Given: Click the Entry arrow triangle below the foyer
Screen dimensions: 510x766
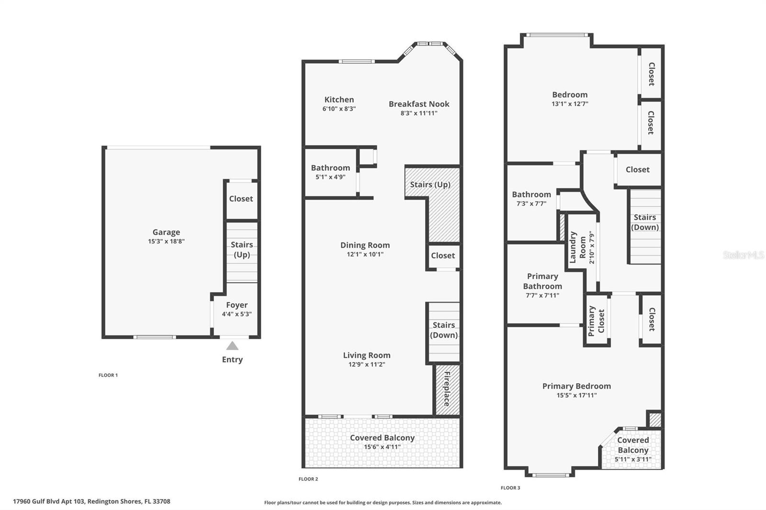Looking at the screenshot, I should [232, 346].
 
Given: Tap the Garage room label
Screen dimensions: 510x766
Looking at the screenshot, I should [166, 233].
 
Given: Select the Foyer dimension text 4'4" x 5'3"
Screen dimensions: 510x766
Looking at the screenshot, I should [237, 314].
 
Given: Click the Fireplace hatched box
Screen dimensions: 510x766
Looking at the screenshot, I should [447, 389].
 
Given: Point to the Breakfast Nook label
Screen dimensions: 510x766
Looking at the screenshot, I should [419, 104].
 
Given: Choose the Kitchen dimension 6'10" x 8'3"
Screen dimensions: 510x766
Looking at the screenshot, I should [339, 109].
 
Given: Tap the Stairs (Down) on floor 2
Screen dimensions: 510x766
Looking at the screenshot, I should [443, 330].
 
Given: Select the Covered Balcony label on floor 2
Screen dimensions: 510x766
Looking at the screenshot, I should [382, 438].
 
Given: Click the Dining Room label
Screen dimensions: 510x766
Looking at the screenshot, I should [365, 245].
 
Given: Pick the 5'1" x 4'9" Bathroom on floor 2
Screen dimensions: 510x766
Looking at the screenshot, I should [330, 172].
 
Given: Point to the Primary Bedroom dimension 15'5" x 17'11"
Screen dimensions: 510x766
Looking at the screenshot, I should [576, 395].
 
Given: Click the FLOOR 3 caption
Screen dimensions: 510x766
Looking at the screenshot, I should [510, 488].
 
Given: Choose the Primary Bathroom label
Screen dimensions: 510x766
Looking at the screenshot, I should [542, 281].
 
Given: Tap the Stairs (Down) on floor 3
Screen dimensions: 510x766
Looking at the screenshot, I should [645, 222].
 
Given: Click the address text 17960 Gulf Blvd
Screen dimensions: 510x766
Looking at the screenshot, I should [91, 501].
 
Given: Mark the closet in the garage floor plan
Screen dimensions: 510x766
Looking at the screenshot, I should [241, 199].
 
